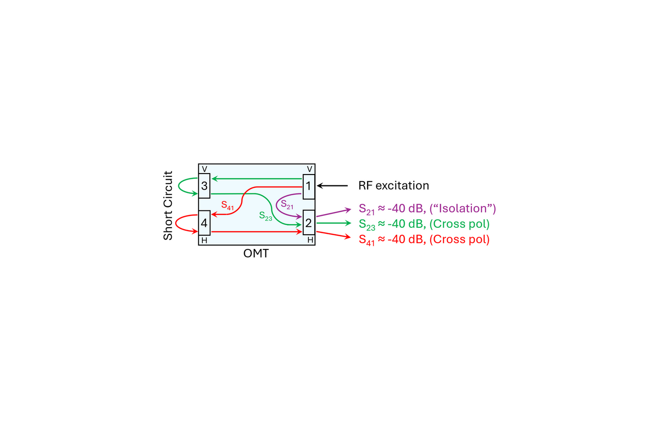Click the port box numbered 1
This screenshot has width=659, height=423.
pos(309,186)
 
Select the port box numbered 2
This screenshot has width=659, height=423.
pos(309,223)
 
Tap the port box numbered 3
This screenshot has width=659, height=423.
pos(204,186)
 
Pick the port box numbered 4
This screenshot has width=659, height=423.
pos(204,223)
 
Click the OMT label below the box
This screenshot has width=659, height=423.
pos(256,254)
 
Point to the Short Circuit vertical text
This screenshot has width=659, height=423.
pos(168,206)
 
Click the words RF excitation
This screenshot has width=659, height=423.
pos(394,185)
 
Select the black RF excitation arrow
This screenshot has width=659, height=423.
pos(333,186)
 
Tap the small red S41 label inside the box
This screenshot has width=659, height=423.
pos(227,206)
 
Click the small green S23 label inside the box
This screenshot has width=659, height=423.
pos(265,216)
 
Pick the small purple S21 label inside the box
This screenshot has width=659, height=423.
pos(287,205)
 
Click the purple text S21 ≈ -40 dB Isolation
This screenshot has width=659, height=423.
pos(427,209)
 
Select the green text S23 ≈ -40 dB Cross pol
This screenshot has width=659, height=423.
pos(424,224)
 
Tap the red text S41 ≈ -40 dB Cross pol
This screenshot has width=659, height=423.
pos(424,239)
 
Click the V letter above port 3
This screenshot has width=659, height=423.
pos(204,169)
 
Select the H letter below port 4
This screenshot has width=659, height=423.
pos(204,240)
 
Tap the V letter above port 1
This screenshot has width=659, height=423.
pos(309,169)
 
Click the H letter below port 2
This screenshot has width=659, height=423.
pos(310,240)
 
